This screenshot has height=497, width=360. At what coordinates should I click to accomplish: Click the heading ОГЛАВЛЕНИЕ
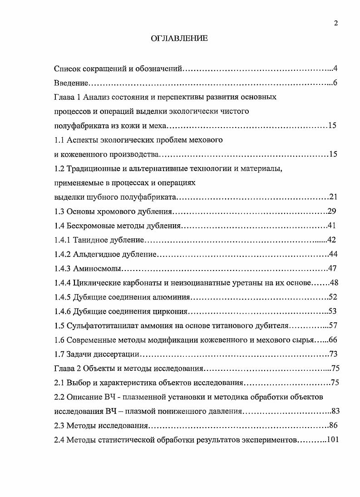179,39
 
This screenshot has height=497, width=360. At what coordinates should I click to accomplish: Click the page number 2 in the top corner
335,24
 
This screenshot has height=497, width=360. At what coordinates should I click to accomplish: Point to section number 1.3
59,212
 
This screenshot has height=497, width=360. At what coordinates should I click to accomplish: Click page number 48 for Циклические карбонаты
334,283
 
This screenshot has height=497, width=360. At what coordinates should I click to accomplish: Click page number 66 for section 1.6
334,340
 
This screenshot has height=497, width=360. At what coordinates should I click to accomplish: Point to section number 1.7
59,354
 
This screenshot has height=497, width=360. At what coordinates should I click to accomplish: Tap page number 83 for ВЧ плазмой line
335,411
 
